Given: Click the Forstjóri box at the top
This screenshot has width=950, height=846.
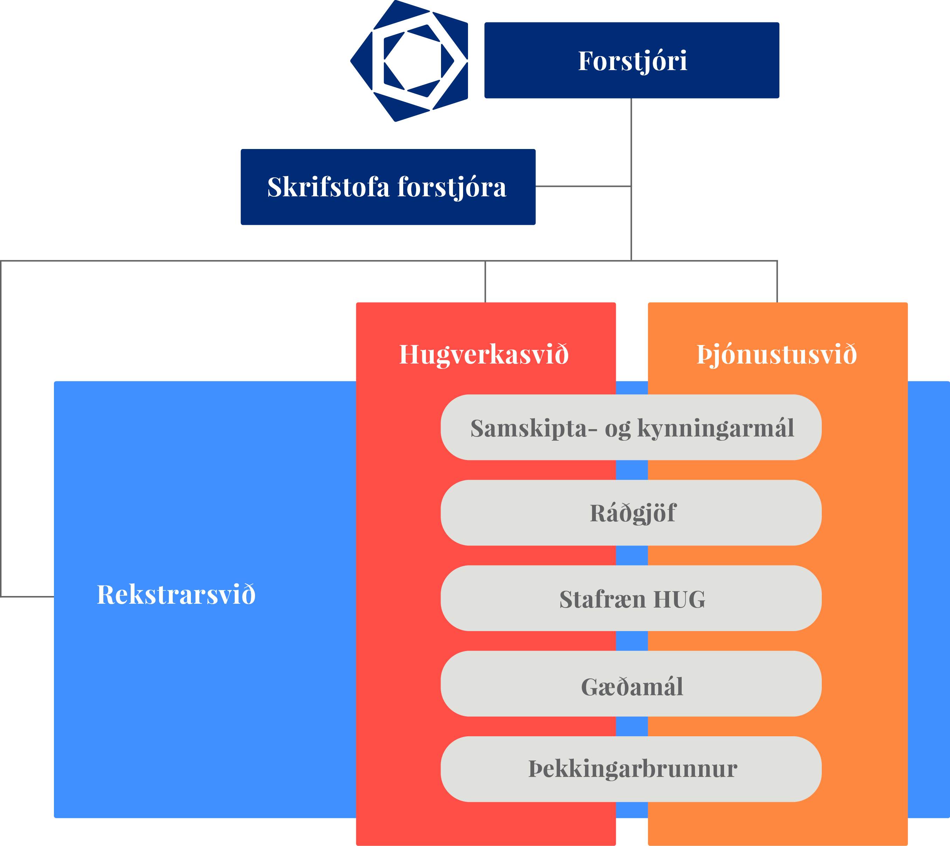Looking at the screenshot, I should point(632,60).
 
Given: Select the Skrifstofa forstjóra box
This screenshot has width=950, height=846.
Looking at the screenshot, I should point(388,187).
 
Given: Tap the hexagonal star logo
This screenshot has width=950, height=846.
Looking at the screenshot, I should point(409,60).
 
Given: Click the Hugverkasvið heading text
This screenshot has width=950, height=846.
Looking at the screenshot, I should point(484,354).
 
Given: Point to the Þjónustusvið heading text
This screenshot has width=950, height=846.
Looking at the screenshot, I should point(777,354).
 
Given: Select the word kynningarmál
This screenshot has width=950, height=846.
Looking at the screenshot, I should point(715,428).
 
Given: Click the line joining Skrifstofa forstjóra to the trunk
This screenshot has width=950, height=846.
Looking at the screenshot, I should point(583,187).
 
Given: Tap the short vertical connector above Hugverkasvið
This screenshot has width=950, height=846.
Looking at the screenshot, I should point(485,282).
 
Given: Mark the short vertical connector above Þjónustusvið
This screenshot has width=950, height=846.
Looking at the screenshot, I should point(777,282).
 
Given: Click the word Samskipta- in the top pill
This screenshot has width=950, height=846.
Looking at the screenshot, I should point(533,428).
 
